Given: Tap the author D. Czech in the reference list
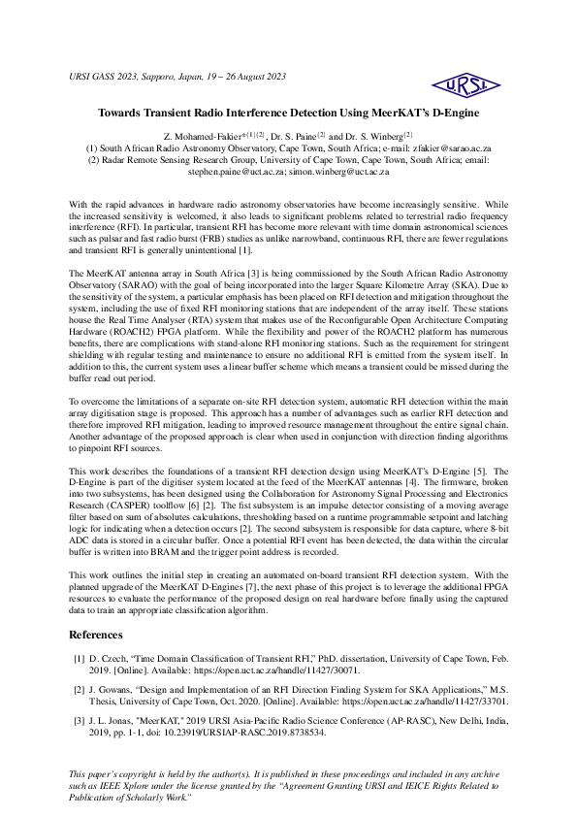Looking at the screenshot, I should [111, 658].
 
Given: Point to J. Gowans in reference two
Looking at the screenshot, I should [114, 688].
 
